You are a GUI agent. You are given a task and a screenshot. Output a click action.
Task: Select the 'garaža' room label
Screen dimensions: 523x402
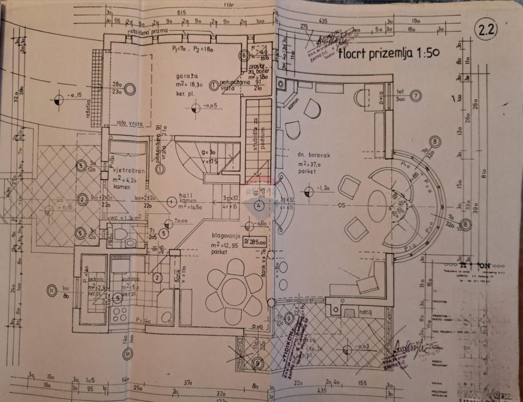pyautogui.click(x=186, y=77)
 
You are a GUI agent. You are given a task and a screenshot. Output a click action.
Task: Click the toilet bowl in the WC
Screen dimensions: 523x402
pyautogui.click(x=121, y=235)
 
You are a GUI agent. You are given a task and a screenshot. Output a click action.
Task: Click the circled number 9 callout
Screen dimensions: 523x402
pyautogui.click(x=258, y=363)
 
